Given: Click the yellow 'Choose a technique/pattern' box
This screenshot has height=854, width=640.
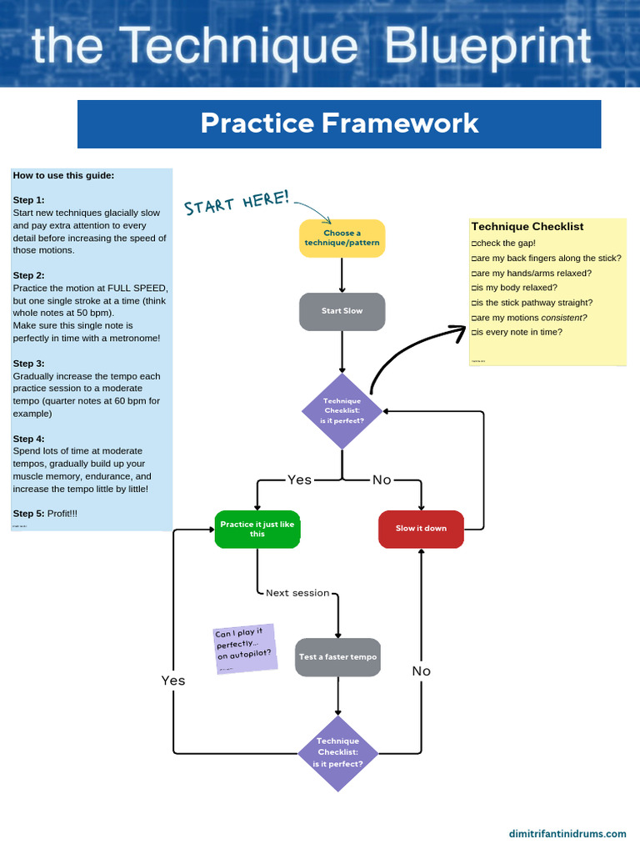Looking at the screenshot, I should pyautogui.click(x=342, y=238).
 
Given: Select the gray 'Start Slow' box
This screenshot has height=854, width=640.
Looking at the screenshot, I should pyautogui.click(x=342, y=311).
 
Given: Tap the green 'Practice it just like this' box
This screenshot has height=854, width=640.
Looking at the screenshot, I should pyautogui.click(x=257, y=529).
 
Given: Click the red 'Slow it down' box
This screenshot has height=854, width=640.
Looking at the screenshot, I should pyautogui.click(x=421, y=529).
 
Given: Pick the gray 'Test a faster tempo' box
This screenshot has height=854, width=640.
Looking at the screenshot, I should pyautogui.click(x=337, y=657).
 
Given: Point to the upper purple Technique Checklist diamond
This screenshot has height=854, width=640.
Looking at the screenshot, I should pyautogui.click(x=342, y=411).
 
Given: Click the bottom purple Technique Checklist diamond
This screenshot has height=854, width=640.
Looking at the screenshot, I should pyautogui.click(x=337, y=752).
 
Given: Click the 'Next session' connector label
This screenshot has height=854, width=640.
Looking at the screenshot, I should pyautogui.click(x=297, y=593).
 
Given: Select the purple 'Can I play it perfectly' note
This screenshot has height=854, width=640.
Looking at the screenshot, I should pyautogui.click(x=245, y=648).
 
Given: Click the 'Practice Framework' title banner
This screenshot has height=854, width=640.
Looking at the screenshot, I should pyautogui.click(x=339, y=123).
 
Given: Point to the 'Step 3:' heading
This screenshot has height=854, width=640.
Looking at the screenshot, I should pyautogui.click(x=29, y=364).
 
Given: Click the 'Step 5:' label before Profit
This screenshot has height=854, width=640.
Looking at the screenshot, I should pyautogui.click(x=29, y=513).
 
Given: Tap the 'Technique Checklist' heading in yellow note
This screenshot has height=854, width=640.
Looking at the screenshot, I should pyautogui.click(x=527, y=227).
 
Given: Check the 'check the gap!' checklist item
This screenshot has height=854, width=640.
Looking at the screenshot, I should pyautogui.click(x=504, y=243).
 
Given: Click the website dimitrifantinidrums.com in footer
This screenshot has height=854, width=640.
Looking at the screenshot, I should pyautogui.click(x=567, y=833).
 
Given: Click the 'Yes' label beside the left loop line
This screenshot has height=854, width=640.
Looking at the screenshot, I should pyautogui.click(x=173, y=681).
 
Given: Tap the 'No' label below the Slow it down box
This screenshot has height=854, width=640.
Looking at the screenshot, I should pyautogui.click(x=421, y=671).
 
